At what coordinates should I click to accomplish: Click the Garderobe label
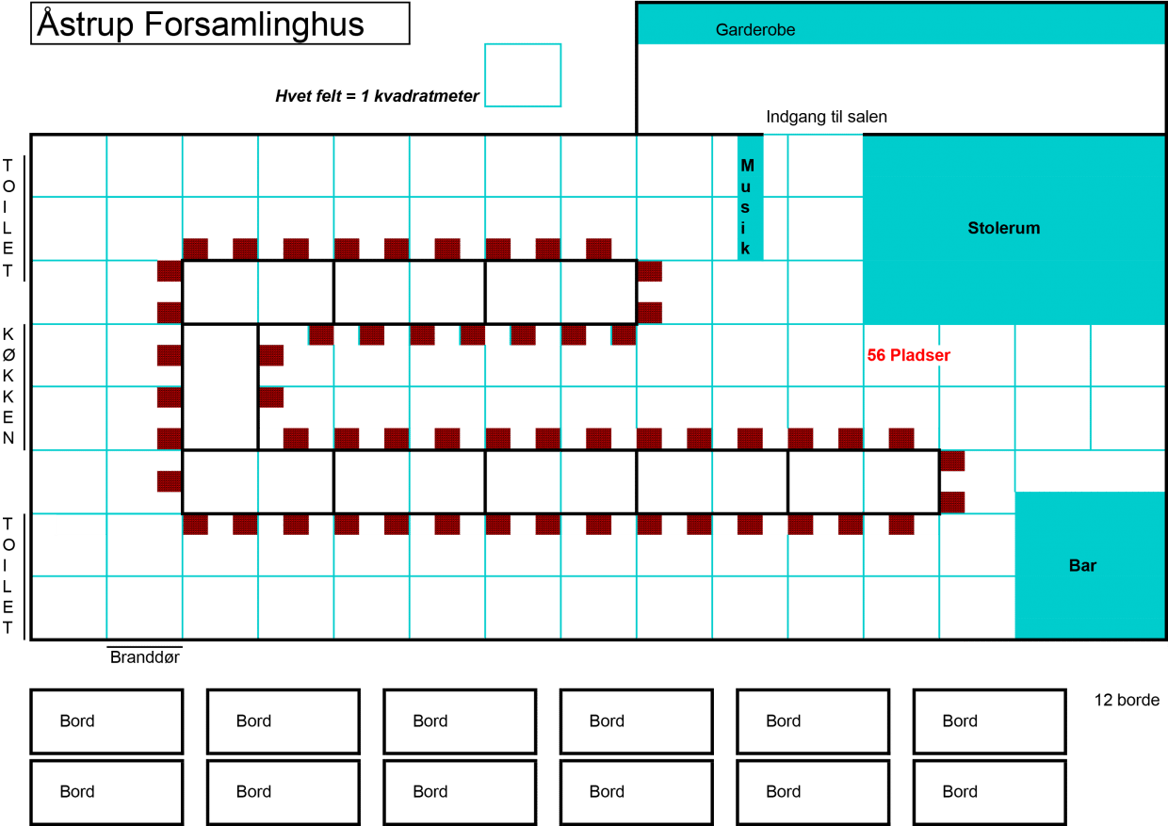(x=754, y=30)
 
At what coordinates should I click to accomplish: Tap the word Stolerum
(x=1003, y=228)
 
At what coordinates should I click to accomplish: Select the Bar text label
(x=1082, y=565)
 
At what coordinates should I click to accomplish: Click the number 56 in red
(x=876, y=355)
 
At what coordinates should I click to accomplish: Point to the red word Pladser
(x=919, y=355)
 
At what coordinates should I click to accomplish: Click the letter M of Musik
(x=747, y=166)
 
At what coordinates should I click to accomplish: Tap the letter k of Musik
(x=746, y=249)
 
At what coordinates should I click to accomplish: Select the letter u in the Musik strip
(x=746, y=186)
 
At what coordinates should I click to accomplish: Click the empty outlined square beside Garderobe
(x=523, y=74)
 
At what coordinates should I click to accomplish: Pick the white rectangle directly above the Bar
(x=1089, y=471)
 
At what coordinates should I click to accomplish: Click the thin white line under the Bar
(x=1064, y=645)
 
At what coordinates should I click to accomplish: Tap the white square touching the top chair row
(x=144, y=228)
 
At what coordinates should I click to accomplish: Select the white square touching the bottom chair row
(x=144, y=544)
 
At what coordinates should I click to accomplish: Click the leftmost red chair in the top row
(x=196, y=248)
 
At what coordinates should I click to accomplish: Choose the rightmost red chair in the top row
(x=599, y=248)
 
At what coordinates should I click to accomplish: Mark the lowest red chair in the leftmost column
(x=169, y=481)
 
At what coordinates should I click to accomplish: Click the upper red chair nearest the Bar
(x=953, y=462)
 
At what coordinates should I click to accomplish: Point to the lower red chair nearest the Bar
(x=953, y=502)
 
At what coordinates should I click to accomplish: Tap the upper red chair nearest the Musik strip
(x=651, y=272)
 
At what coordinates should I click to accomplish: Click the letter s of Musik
(x=746, y=207)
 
